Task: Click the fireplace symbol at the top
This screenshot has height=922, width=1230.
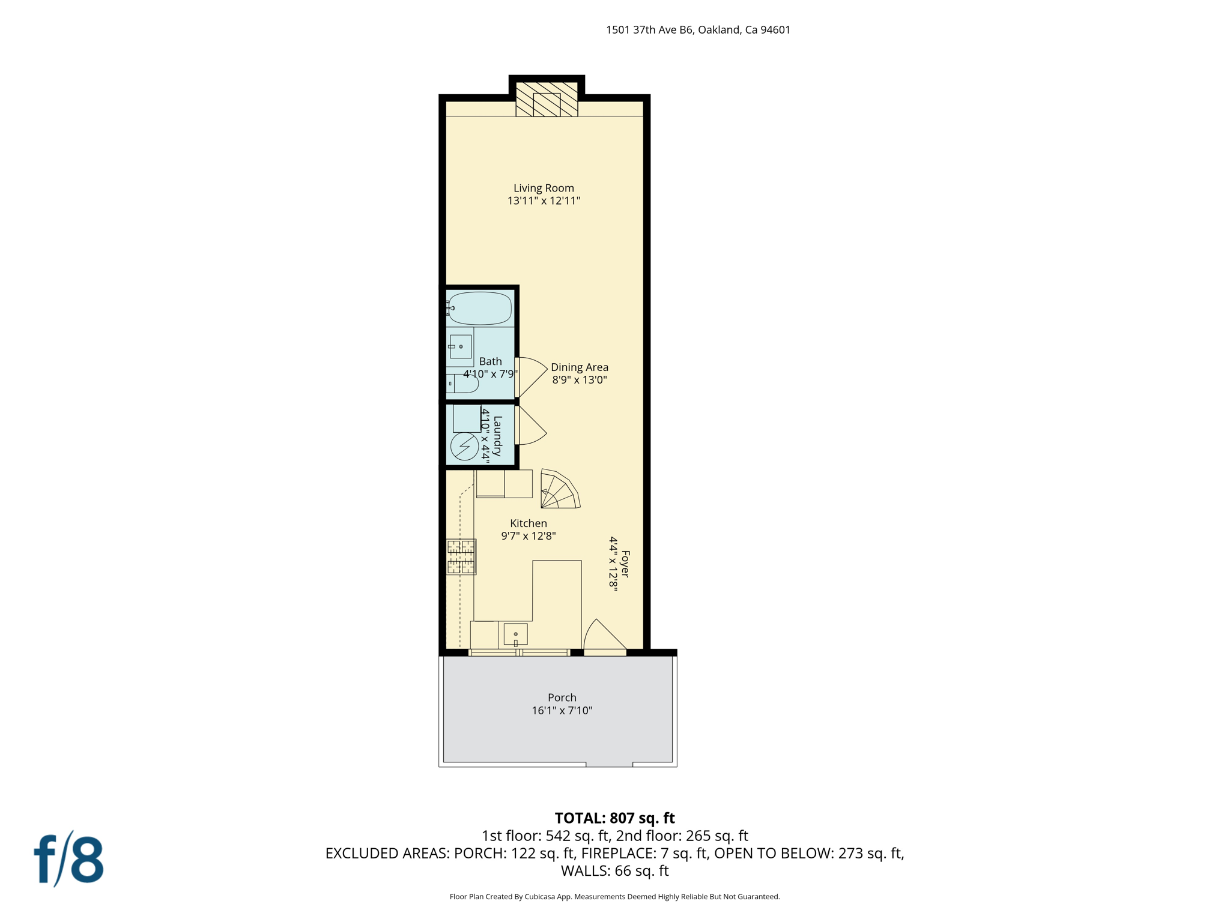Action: coord(547,100)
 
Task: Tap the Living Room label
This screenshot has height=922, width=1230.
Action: coord(544,188)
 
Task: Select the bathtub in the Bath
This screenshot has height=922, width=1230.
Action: coord(479,309)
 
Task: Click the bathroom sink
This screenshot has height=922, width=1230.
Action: coord(460,347)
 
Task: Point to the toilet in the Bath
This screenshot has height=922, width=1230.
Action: coord(462,383)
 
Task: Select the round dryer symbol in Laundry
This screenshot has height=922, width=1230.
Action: coord(464,447)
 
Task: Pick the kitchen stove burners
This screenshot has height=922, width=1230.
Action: coord(461,556)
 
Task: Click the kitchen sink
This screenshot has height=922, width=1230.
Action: coord(515,634)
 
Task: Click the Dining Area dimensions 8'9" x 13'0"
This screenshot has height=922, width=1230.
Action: coord(580,379)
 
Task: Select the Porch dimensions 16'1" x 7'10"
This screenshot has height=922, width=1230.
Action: coord(562,711)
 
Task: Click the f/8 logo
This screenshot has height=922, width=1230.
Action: coord(68,859)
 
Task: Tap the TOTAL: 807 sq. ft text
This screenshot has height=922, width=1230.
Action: coord(614,818)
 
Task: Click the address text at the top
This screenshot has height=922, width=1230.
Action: coord(698,30)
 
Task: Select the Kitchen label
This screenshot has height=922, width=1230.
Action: coord(528,523)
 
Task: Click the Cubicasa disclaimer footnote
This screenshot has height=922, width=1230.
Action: coord(614,897)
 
